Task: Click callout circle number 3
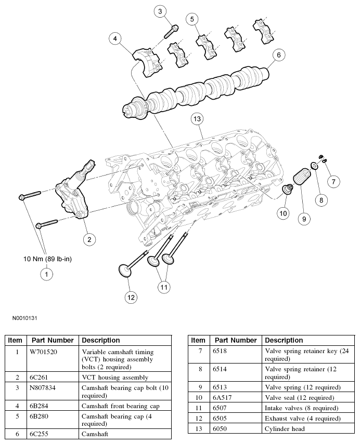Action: tap(160, 11)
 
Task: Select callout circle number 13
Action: tap(196, 119)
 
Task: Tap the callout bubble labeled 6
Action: tap(278, 55)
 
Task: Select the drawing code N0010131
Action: tap(23, 316)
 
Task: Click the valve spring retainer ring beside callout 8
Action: tap(315, 166)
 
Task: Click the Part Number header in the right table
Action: tap(235, 340)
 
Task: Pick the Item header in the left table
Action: tap(15, 340)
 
